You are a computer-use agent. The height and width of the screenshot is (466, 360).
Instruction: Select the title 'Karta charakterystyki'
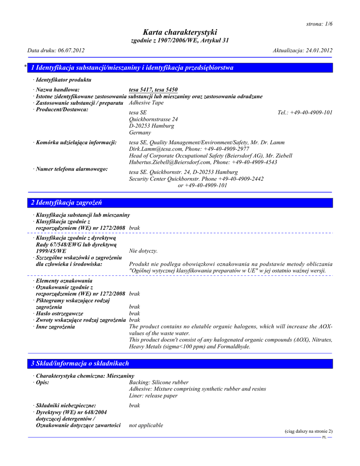(x=180, y=32)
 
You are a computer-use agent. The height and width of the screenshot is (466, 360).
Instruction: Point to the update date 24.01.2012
(x=318, y=50)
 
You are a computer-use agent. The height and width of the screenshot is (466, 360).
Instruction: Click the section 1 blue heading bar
(x=180, y=68)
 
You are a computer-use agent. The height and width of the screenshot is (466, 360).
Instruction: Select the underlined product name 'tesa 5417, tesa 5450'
(x=153, y=90)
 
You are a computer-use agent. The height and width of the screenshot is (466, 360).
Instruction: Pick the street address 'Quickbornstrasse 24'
(x=153, y=119)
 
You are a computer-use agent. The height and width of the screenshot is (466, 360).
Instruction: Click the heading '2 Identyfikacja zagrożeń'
(x=66, y=203)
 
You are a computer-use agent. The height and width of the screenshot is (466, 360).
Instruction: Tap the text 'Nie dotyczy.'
(x=143, y=251)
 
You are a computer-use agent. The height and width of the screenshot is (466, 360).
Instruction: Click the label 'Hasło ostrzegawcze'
(x=59, y=314)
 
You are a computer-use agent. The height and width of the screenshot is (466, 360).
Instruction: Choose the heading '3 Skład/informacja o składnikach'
(x=80, y=364)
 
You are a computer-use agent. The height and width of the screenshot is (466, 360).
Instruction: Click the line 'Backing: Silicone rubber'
(x=159, y=382)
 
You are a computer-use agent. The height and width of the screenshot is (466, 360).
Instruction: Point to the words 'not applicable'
(x=146, y=425)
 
